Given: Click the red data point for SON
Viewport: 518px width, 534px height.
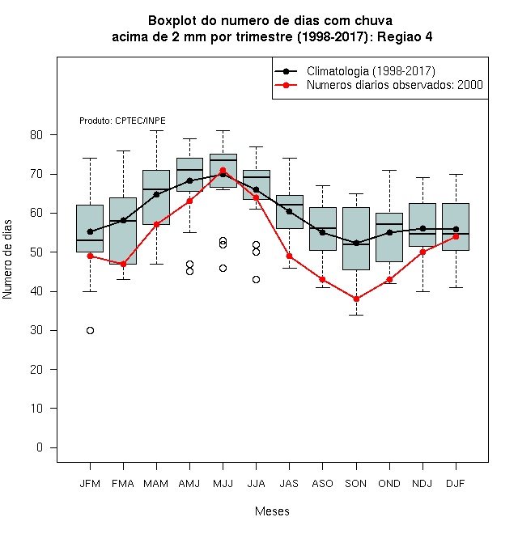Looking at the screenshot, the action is [356, 299].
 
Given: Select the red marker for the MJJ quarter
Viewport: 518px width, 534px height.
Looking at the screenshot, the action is [223, 170].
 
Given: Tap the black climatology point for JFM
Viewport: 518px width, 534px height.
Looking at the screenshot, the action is [90, 231].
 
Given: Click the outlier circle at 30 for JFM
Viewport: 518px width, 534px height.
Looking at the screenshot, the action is [90, 330].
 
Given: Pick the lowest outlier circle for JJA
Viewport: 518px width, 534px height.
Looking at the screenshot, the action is [256, 280].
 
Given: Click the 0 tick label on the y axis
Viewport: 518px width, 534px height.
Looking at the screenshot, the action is [40, 447].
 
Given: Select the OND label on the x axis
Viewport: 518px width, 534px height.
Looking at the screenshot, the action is [389, 484].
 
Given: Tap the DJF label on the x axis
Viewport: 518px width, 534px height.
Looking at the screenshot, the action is [456, 484].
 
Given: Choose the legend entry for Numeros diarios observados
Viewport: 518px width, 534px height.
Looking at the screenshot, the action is [378, 85].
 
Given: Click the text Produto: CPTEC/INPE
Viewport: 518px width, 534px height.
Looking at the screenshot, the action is [122, 121].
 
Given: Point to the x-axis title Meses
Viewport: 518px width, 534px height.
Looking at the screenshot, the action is [272, 511].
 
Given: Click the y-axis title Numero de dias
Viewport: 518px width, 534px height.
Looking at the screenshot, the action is [7, 260].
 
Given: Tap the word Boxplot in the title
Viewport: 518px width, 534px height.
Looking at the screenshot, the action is [172, 21].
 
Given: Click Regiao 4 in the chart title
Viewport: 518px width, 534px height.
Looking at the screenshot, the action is [405, 36].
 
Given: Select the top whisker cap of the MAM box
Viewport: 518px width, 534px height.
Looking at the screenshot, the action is [156, 130].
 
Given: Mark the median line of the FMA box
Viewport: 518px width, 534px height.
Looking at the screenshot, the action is [123, 221].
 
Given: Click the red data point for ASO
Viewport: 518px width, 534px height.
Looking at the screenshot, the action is [322, 280].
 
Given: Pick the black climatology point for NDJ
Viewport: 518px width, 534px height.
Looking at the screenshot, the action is [422, 228].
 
